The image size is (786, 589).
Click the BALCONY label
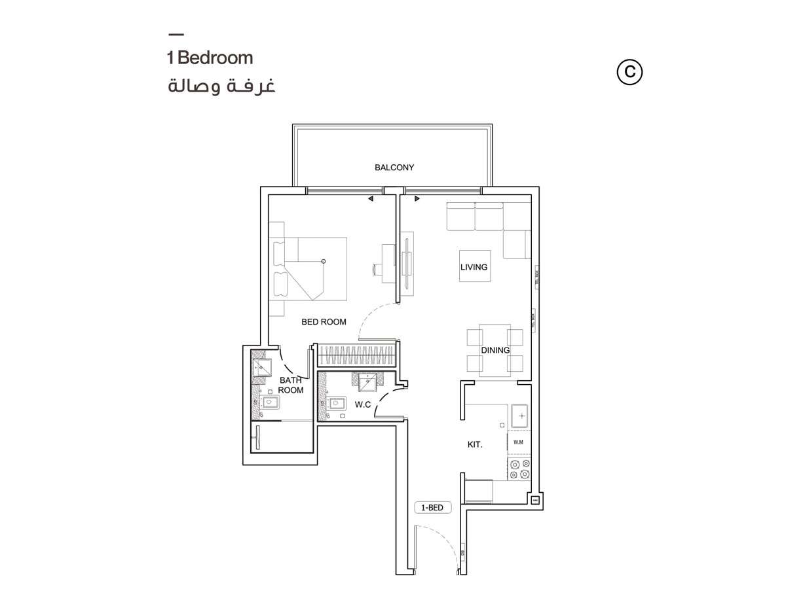(x=394, y=168)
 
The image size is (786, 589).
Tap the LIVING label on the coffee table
(x=474, y=267)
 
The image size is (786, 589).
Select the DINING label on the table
(x=495, y=350)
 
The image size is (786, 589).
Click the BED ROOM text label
(x=324, y=322)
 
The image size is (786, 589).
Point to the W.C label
(x=363, y=405)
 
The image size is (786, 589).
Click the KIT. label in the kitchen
(x=475, y=445)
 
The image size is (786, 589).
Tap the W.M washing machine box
(x=519, y=442)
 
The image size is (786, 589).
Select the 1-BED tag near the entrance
(x=432, y=507)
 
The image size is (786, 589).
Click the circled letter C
(x=630, y=73)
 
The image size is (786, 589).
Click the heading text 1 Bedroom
(x=210, y=58)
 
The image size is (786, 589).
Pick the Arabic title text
(x=221, y=87)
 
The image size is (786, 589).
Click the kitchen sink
(x=521, y=416)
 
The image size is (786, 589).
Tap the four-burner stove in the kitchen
(x=519, y=469)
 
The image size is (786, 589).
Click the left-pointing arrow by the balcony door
(x=370, y=198)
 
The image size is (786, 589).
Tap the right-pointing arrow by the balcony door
(x=417, y=198)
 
